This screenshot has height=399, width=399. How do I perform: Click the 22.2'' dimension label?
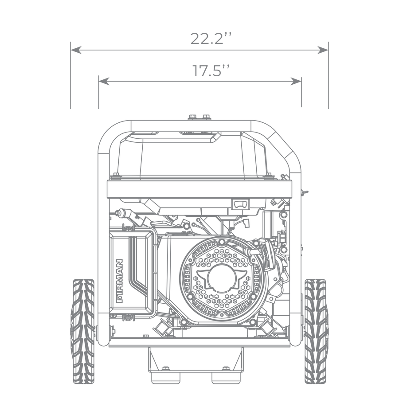click(211, 39)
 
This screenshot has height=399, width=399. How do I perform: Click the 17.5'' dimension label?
click(211, 70)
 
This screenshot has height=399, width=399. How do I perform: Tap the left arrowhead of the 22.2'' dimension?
click(76, 50)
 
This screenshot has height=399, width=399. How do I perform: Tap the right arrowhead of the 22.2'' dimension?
click(323, 50)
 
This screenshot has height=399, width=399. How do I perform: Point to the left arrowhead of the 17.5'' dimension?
click(104, 81)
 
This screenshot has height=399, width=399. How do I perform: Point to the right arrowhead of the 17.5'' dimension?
click(296, 81)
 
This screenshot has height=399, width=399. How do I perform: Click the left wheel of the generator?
click(83, 331)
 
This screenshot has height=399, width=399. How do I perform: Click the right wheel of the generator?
click(315, 331)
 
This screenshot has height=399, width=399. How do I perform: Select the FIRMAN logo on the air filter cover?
click(119, 281)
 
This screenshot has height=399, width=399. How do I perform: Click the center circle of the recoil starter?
click(221, 278)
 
